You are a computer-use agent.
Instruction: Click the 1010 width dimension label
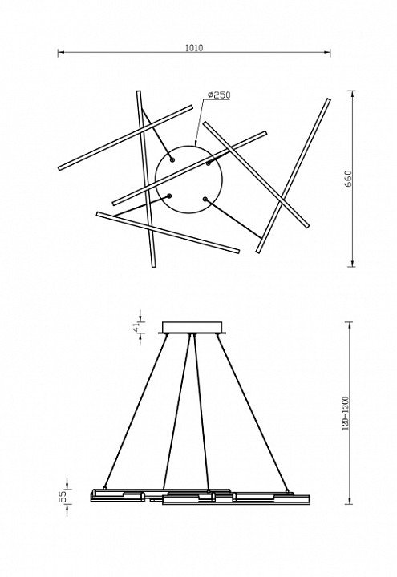194,48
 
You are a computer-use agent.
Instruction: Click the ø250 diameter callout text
219,95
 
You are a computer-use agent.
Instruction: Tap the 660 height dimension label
348,179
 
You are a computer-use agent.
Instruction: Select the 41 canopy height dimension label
136,326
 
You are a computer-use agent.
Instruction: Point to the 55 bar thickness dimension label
63,496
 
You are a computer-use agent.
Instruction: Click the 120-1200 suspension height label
346,414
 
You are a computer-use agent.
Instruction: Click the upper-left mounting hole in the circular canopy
172,159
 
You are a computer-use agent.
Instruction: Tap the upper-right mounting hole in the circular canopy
208,163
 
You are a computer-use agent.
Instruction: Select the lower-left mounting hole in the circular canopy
169,196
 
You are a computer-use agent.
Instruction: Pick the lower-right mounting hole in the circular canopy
205,199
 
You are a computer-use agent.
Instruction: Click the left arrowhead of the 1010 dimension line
61,53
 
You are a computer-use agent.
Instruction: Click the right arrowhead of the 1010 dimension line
327,53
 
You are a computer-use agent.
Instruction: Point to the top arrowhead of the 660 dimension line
353,94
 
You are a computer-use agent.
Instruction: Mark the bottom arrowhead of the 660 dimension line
353,263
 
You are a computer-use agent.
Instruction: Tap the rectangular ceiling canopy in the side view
192,328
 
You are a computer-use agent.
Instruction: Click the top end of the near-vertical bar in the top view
139,91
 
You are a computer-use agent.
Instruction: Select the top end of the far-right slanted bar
328,99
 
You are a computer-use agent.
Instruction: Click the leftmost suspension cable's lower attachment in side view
105,487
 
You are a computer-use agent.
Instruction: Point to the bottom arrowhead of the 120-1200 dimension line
349,501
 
